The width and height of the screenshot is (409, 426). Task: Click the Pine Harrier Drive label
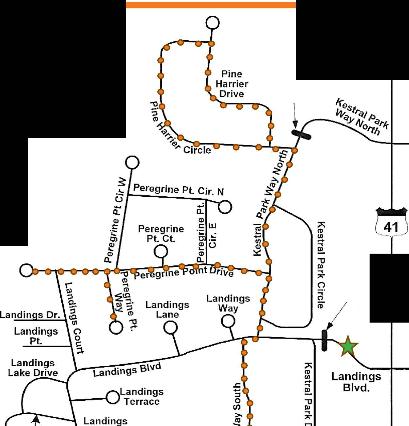click(232, 84)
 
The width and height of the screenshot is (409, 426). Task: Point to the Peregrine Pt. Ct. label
click(161, 234)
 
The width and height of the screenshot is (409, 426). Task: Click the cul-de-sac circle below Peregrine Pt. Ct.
click(160, 251)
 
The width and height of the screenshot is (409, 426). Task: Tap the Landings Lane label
click(167, 309)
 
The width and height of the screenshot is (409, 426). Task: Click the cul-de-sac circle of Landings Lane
click(170, 328)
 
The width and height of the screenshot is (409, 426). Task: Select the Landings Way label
click(228, 303)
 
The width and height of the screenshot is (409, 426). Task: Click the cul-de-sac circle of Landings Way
click(228, 321)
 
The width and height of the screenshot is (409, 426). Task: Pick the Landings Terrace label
click(141, 396)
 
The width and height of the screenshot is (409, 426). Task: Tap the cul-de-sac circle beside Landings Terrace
click(113, 397)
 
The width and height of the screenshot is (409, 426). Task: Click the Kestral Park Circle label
click(321, 265)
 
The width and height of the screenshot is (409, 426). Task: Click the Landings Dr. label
click(30, 315)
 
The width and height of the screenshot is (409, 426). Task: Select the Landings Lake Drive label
click(33, 368)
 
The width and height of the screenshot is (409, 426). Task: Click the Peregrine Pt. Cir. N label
click(178, 190)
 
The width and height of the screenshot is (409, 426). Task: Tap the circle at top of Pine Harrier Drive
click(213, 23)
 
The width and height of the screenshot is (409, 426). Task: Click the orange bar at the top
click(211, 5)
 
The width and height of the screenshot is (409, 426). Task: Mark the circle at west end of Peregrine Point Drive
click(26, 270)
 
